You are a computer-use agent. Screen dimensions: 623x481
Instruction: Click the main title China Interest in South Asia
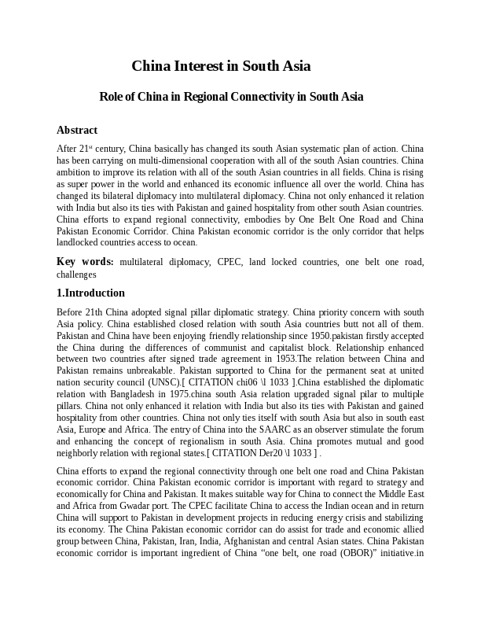coord(221,66)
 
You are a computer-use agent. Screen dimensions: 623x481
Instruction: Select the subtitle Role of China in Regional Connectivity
coord(231,97)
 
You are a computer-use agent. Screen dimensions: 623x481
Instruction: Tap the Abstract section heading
coord(77,130)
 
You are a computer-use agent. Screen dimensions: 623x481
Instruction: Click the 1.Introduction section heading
coord(90,293)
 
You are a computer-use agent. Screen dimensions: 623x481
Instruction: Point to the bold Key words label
coord(85,262)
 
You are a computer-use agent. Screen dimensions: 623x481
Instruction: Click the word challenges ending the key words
coord(76,275)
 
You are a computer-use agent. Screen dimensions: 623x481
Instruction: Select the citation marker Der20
coord(266,452)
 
